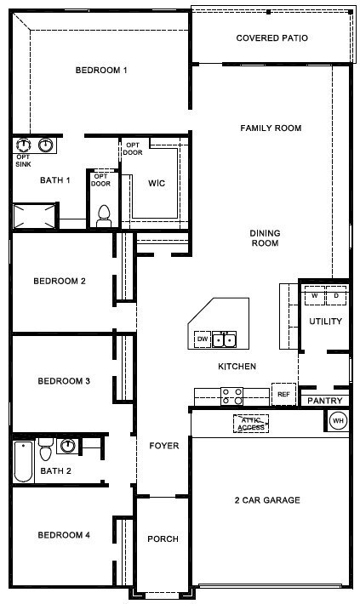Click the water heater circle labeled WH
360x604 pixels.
(x=339, y=420)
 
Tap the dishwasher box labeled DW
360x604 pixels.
(x=203, y=339)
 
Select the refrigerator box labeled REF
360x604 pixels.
(x=283, y=394)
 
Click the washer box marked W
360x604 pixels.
(x=315, y=296)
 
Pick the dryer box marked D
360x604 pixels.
(x=336, y=296)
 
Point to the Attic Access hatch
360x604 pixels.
(x=251, y=424)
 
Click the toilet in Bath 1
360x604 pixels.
(x=104, y=216)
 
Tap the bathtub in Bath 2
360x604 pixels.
(x=23, y=461)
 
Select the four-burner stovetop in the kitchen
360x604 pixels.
(x=231, y=396)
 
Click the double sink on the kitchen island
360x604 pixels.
(x=225, y=339)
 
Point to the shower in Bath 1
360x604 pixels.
(x=34, y=216)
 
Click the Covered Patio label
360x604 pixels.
(x=271, y=37)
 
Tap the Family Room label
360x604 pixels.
(x=271, y=128)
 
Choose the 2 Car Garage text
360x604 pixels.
(x=267, y=500)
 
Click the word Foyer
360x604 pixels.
(x=163, y=446)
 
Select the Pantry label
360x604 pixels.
(x=325, y=401)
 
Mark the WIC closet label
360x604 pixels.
(x=157, y=183)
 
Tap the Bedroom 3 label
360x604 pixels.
(x=64, y=381)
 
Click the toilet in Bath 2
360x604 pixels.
(x=45, y=449)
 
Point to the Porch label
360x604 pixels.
(x=163, y=538)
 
